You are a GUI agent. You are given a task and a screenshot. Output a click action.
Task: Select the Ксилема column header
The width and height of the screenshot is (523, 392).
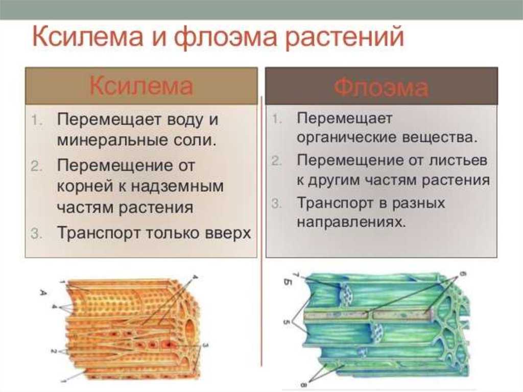(x=141, y=86)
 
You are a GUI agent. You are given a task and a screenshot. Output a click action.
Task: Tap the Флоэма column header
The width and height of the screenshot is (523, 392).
(x=381, y=87)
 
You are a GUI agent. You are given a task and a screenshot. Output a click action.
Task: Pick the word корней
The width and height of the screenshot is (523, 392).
(x=85, y=187)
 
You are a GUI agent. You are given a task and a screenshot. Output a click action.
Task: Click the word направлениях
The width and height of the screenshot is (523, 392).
(x=351, y=222)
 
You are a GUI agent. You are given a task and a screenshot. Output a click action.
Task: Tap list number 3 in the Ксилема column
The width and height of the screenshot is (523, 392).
(x=36, y=234)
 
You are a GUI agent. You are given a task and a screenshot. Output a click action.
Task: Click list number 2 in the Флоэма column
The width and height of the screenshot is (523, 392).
(x=276, y=161)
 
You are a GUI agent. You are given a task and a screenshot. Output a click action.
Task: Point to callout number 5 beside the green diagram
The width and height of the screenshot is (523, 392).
(x=286, y=322)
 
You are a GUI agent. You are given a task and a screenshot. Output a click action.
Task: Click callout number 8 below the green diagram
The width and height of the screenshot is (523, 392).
(x=303, y=385)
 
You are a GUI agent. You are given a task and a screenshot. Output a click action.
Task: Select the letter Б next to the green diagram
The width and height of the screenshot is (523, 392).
(x=288, y=283)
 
